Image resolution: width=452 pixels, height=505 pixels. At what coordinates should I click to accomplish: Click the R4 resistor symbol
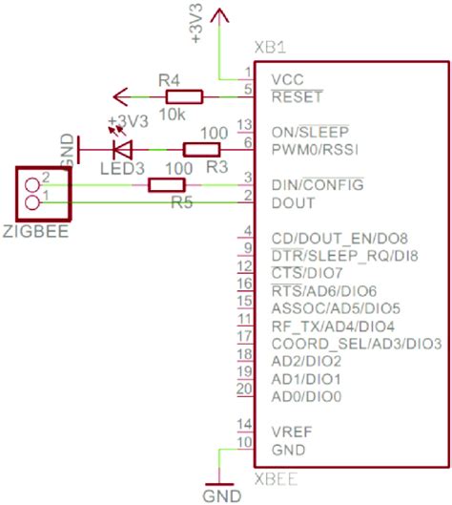point(184,96)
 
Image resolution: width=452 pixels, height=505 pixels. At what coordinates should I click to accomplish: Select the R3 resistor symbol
point(201,149)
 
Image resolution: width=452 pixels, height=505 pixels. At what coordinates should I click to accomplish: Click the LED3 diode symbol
point(122,149)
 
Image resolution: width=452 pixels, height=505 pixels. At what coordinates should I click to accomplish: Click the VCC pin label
point(289,79)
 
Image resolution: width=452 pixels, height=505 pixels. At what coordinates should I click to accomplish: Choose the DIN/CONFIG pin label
point(318,183)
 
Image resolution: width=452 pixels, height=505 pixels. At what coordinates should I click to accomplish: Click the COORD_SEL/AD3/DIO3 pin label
point(355,344)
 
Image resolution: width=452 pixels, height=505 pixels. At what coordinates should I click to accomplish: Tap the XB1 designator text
point(271,49)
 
